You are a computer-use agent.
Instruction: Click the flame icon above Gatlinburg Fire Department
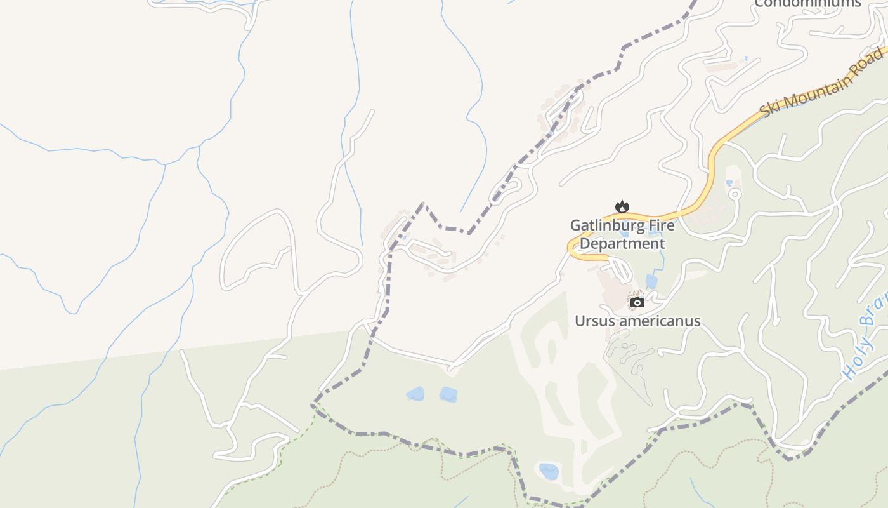[x=622, y=207]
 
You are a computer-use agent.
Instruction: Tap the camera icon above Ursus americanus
[x=637, y=303]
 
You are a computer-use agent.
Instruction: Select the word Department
[x=622, y=244]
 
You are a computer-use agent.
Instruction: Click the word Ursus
[x=594, y=321]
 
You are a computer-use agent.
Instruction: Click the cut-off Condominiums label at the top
[x=807, y=3]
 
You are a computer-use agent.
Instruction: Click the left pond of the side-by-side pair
[x=415, y=394]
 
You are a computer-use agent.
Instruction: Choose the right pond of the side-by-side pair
[x=448, y=394]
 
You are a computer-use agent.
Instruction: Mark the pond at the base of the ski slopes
[x=549, y=472]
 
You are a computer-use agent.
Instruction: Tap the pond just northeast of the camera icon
[x=651, y=281]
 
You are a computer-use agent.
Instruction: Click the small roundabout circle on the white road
[x=735, y=192]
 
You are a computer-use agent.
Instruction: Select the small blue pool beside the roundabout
[x=729, y=183]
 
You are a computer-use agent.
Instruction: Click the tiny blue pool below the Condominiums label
[x=745, y=59]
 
